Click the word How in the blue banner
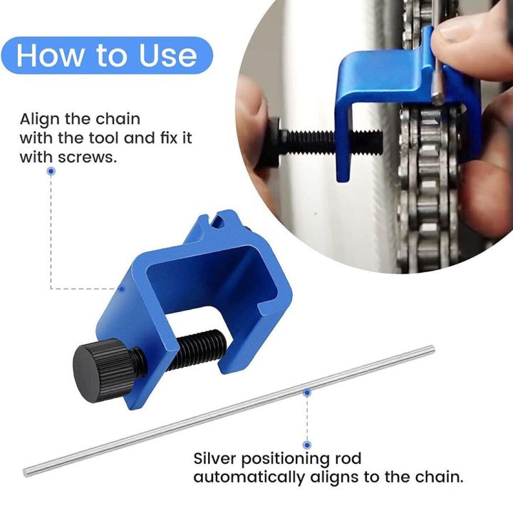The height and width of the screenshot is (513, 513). [51, 56]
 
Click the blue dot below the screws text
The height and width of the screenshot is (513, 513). [51, 172]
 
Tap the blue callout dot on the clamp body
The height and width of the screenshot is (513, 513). [122, 289]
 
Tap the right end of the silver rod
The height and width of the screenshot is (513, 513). [430, 348]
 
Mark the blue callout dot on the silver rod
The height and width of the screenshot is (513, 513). [307, 391]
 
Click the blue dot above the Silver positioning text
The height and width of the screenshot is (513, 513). [307, 444]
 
